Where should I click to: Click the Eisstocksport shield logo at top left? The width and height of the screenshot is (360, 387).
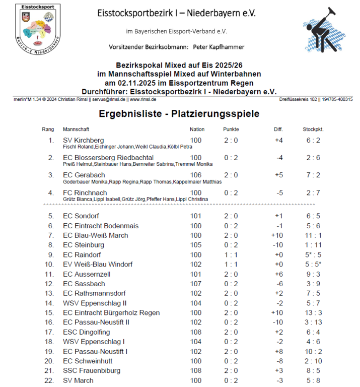[x=38, y=24]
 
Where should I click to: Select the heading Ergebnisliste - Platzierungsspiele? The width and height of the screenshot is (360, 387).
[x=179, y=114]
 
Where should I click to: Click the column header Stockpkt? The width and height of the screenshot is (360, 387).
[x=313, y=130]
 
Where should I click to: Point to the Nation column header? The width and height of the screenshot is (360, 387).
[x=197, y=130]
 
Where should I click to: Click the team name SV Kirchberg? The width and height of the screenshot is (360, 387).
[x=83, y=140]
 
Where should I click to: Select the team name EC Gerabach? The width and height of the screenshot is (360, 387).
[x=84, y=175]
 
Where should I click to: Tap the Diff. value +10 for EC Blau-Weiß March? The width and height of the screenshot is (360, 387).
[x=278, y=235]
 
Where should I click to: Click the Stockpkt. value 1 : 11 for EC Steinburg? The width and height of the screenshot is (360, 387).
[x=313, y=245]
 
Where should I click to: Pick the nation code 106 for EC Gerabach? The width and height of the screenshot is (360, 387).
[x=196, y=175]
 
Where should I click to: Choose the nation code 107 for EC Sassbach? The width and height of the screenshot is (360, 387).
[x=196, y=284]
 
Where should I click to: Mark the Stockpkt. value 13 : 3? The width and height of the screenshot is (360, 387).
[x=313, y=313]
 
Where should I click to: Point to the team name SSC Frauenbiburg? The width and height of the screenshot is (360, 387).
[x=92, y=371]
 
